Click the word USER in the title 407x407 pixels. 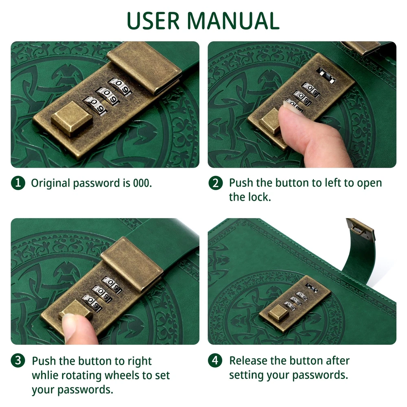pos(153,21)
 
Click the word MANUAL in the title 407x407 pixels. pos(233,21)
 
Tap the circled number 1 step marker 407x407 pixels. pos(18,183)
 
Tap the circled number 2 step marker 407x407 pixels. pos(215,183)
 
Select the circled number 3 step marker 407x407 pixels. pos(18,361)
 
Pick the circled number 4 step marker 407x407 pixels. pos(215,361)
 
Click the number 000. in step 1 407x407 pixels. pos(142,183)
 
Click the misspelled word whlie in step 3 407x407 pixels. pos(45,375)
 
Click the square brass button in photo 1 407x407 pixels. pos(72,118)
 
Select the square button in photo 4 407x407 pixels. pos(278,313)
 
